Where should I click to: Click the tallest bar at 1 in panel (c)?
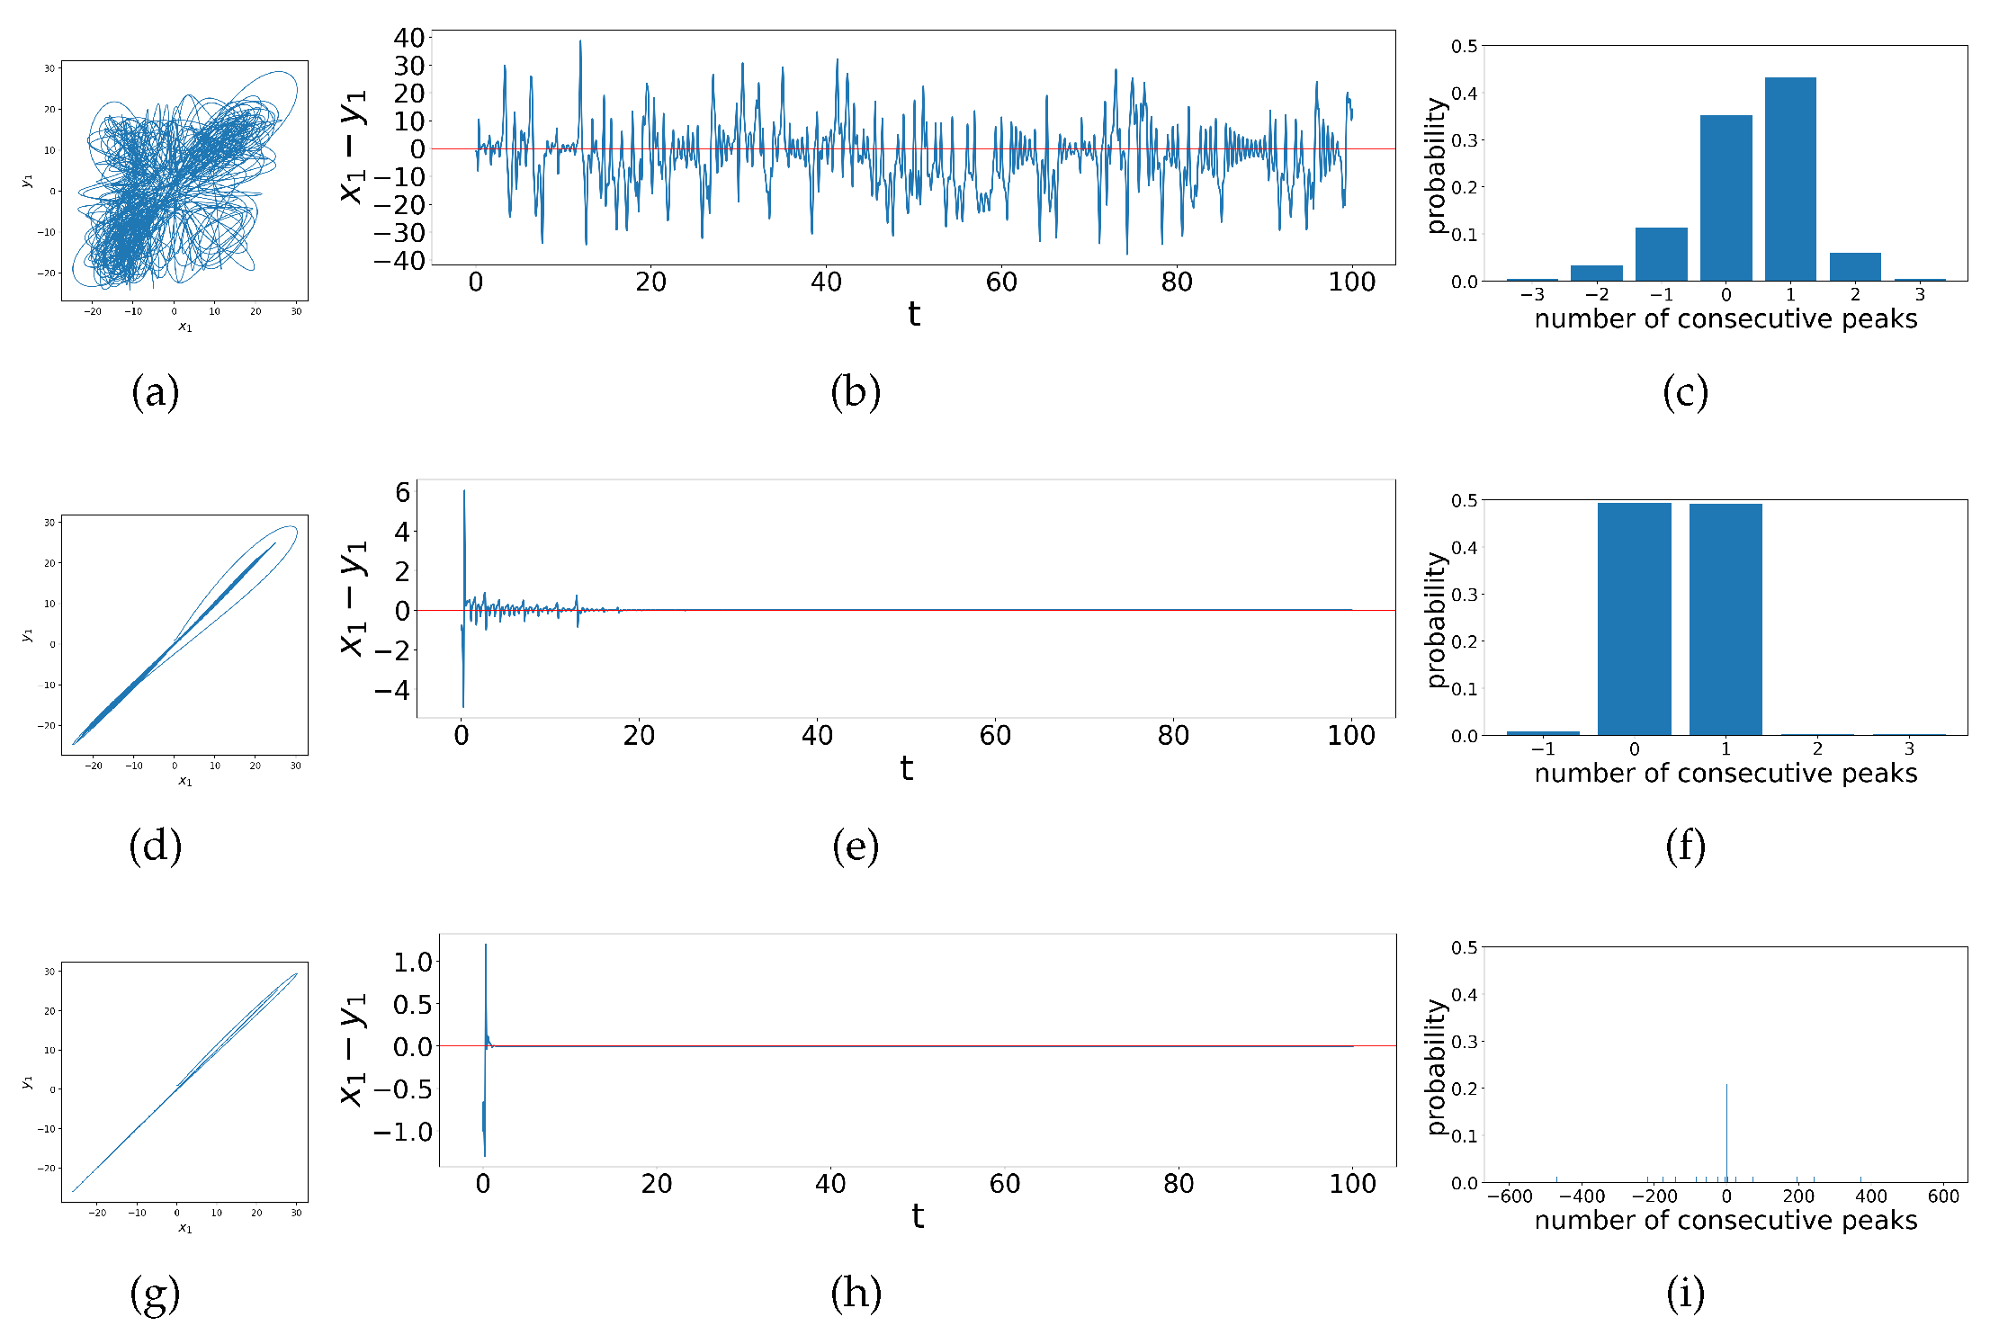[1789, 180]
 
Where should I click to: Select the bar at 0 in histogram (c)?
[1726, 199]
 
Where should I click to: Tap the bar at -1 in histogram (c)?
[1661, 255]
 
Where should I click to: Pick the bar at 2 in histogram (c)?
[1854, 267]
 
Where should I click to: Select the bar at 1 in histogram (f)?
[1725, 620]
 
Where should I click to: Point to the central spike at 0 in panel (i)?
[1726, 1133]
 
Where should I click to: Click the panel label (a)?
[155, 392]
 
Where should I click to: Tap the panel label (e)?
[855, 847]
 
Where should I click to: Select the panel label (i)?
[1685, 1294]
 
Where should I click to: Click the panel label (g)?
[155, 1294]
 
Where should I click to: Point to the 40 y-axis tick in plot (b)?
[409, 38]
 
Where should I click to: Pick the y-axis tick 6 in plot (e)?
[402, 492]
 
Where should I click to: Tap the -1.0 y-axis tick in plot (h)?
[403, 1132]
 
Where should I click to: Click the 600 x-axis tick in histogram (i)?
[1943, 1196]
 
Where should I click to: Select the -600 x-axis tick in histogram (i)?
[1510, 1196]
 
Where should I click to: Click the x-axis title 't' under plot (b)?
[913, 315]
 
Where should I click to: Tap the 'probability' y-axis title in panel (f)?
[1436, 620]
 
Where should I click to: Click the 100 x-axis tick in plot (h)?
[1352, 1184]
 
